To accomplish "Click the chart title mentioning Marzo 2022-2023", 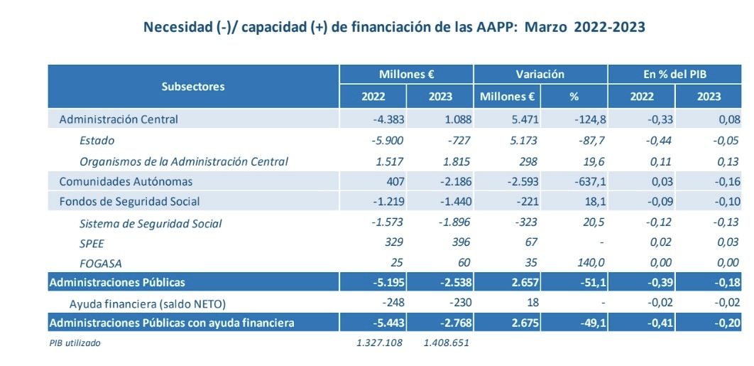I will tap(394, 28).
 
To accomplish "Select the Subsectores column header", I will tap(193, 86).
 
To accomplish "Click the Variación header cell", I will tap(540, 74).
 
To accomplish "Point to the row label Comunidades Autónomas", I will tap(126, 181).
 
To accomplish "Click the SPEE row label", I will tap(92, 243).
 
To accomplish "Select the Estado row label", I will tap(97, 140).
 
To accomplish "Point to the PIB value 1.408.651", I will tap(446, 343).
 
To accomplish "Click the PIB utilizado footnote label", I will tap(75, 343).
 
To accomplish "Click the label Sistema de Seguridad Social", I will tap(151, 223).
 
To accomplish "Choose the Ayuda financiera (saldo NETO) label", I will tap(147, 303).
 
